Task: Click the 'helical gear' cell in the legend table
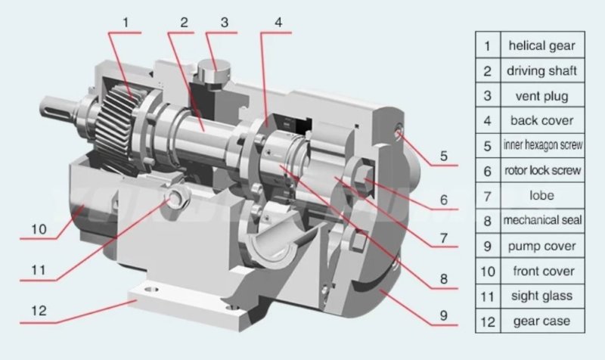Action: pos(541,45)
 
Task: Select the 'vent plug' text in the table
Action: pos(541,96)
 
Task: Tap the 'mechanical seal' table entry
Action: pos(541,221)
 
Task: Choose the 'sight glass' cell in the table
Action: pos(541,296)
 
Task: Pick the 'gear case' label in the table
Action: pos(541,321)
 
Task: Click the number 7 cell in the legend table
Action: pos(488,196)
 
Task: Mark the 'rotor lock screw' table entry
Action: pos(541,171)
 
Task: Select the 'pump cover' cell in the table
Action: pos(541,246)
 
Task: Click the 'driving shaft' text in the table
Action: pos(541,71)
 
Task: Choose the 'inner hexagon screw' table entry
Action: pos(541,146)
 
